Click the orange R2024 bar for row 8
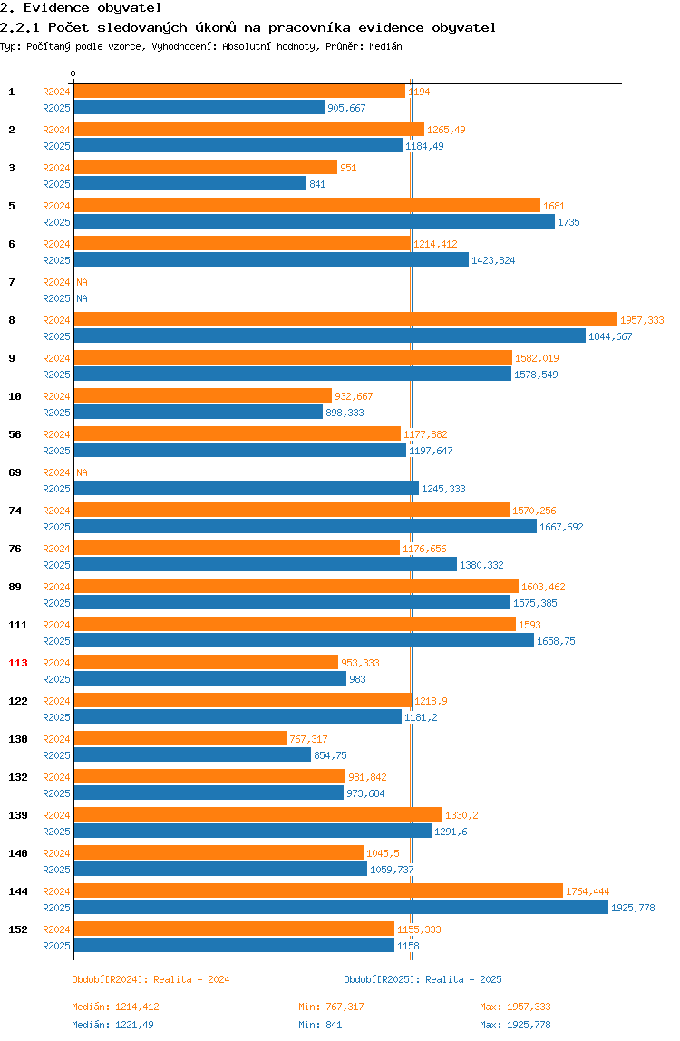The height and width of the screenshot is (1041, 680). tap(345, 320)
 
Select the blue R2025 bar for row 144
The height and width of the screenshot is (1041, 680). tap(341, 908)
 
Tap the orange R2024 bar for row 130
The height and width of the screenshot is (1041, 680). tap(180, 739)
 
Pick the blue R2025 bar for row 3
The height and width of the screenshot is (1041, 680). tap(189, 184)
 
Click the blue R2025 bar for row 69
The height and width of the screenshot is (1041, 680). tap(247, 489)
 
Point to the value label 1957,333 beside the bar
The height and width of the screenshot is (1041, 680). tap(642, 320)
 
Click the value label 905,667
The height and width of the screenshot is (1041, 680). tap(346, 108)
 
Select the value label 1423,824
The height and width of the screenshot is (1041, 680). tap(493, 260)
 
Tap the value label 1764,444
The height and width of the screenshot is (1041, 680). tap(588, 891)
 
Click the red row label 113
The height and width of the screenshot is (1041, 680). tap(18, 663)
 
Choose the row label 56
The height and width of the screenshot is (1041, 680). tap(15, 435)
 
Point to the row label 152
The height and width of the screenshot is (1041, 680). tap(18, 930)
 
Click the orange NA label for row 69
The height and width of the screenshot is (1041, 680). tap(82, 472)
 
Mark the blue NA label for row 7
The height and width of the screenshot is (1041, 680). tap(82, 298)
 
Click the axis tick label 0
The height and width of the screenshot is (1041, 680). tap(73, 73)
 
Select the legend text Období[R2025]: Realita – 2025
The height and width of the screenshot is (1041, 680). tap(423, 980)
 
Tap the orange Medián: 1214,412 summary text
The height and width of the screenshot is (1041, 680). tap(115, 1007)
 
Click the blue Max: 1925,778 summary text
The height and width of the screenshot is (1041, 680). tap(515, 1025)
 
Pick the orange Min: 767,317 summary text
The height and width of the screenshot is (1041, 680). tap(331, 1007)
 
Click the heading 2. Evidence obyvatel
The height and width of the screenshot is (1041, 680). tap(81, 8)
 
